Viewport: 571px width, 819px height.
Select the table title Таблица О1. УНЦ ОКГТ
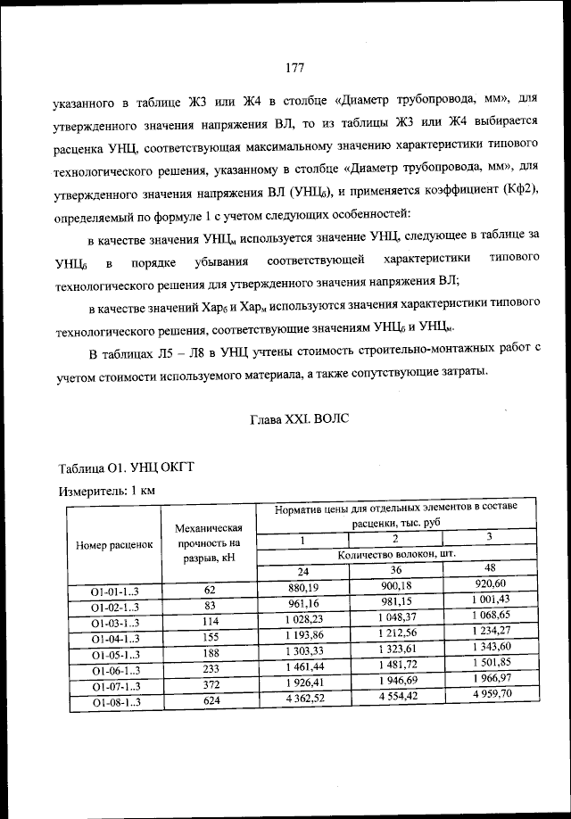125,468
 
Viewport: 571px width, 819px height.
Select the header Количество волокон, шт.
397,554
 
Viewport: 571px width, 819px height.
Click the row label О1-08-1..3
114,703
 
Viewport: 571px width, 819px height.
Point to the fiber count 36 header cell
397,570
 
